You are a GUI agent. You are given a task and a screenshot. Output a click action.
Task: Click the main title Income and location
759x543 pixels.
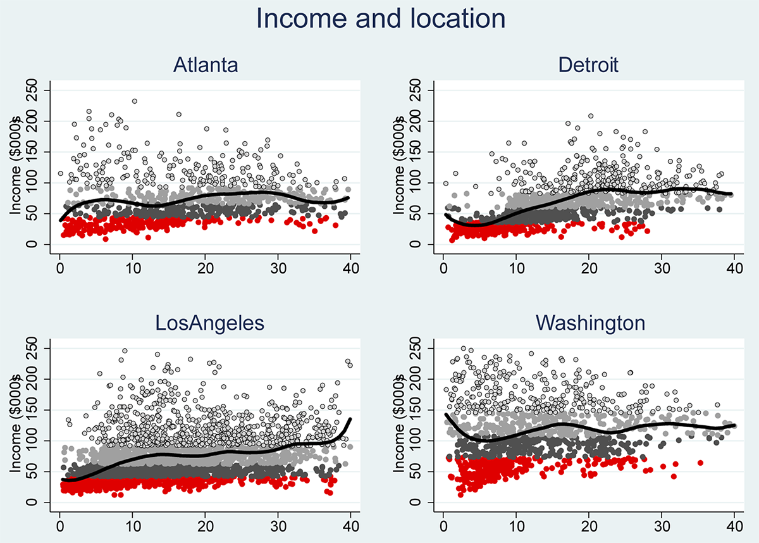pyautogui.click(x=381, y=19)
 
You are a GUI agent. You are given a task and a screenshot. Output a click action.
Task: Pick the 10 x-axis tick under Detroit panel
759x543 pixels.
pyautogui.click(x=516, y=268)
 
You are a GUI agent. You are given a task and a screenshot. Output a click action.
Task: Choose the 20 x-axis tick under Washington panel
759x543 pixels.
pyautogui.click(x=589, y=525)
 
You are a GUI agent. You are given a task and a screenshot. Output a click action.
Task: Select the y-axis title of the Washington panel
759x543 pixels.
pyautogui.click(x=398, y=425)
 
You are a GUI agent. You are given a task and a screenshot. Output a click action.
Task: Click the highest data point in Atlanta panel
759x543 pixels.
pyautogui.click(x=134, y=101)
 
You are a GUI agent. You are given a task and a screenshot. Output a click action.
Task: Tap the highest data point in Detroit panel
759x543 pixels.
pyautogui.click(x=591, y=116)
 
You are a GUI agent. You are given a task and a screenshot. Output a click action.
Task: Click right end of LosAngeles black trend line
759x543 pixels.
pyautogui.click(x=350, y=419)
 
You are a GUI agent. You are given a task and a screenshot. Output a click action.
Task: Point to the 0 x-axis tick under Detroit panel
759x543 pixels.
pyautogui.click(x=443, y=268)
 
